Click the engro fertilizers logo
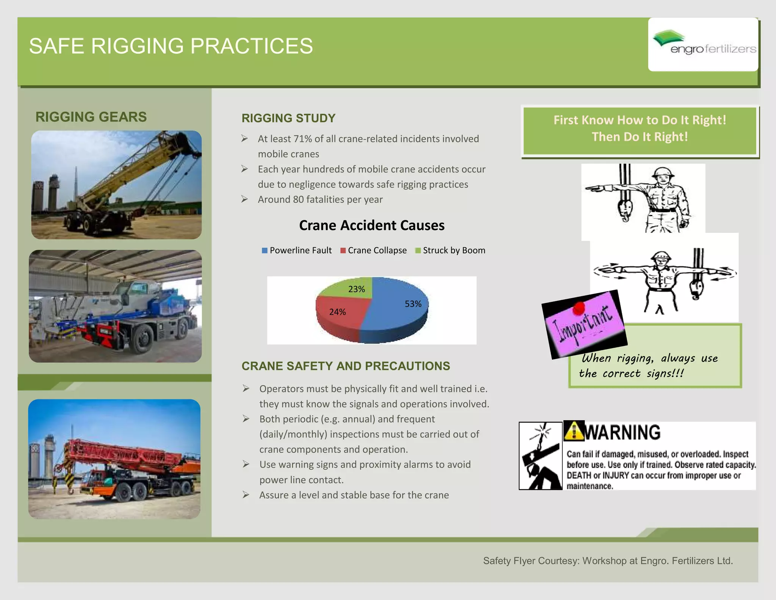tap(703, 44)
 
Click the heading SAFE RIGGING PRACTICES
tap(171, 46)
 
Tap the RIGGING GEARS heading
tap(91, 117)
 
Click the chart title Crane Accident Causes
tap(372, 225)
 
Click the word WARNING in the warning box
tap(623, 432)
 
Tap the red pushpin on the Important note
tap(579, 308)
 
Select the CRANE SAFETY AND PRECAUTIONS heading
tap(346, 366)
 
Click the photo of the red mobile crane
tap(114, 459)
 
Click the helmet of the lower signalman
tap(660, 256)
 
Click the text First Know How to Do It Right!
tap(640, 120)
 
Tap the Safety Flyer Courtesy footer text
tap(608, 561)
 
